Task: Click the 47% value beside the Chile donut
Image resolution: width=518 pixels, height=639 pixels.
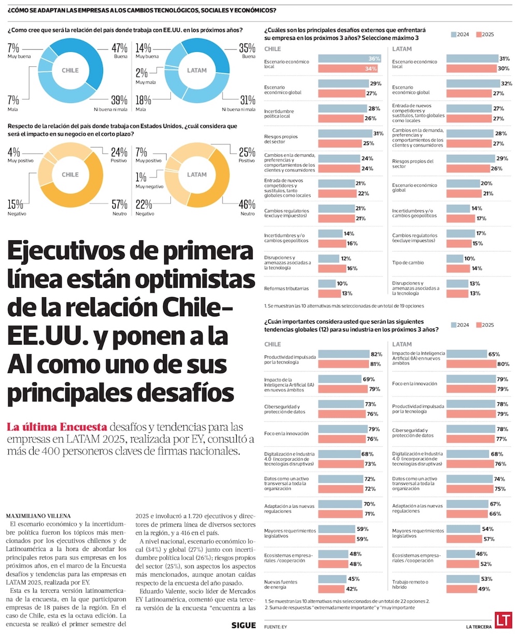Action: coord(119,48)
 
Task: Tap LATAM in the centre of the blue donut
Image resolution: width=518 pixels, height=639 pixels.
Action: coord(197,70)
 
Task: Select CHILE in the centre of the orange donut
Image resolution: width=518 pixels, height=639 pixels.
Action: coord(70,175)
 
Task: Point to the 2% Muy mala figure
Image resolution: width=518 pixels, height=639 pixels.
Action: coord(142,73)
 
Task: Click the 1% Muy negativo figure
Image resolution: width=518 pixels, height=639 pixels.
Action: coord(141,177)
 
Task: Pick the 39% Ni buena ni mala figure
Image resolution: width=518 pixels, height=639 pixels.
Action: coord(119,100)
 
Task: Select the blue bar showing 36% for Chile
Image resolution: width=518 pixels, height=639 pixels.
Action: coord(350,59)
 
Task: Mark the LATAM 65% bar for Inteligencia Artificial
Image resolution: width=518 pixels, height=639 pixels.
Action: coord(466,354)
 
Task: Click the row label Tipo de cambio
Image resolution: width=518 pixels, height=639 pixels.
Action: coord(408,263)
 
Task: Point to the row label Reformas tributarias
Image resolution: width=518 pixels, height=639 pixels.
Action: coord(286,288)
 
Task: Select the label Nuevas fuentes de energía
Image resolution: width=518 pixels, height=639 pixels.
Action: coord(281,585)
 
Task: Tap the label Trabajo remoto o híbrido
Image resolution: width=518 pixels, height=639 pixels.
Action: coord(410,585)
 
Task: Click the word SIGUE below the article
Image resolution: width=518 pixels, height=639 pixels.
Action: coord(243,626)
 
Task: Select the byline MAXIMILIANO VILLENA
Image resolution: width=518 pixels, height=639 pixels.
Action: coord(38,516)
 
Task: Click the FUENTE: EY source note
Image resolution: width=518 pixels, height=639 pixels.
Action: coord(276,627)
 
